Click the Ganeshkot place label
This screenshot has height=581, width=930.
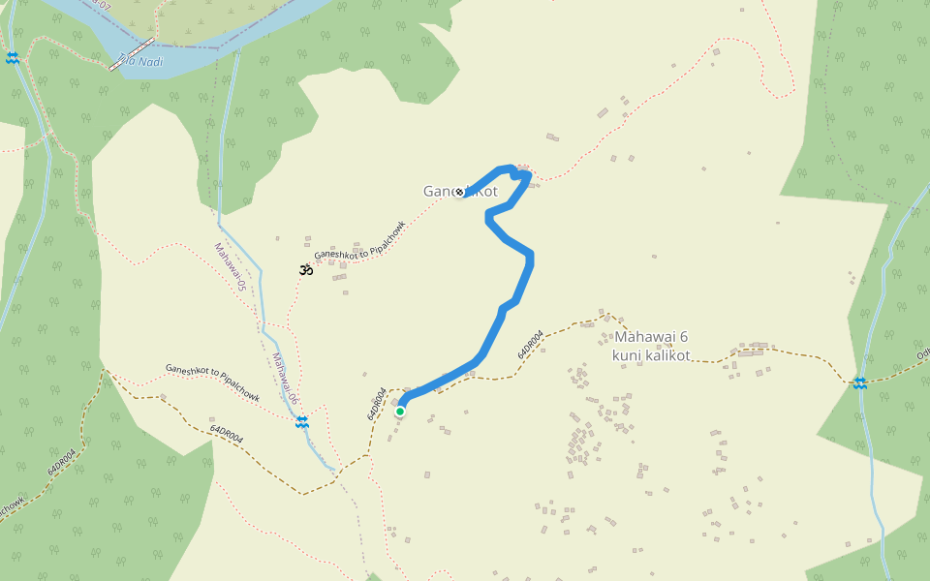460,192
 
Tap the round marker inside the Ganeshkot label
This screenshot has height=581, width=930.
459,192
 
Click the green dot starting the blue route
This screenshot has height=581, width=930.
399,412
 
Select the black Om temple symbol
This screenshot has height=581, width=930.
305,269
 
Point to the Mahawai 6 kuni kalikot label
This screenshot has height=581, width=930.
651,346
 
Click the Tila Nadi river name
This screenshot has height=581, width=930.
140,61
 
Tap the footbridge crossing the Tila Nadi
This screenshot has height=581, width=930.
132,55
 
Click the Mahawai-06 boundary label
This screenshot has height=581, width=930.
283,379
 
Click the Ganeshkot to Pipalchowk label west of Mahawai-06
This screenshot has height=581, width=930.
212,382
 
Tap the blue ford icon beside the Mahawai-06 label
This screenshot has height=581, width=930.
302,421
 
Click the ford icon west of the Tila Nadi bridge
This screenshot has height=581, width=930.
12,58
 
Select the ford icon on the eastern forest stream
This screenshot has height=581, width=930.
860,382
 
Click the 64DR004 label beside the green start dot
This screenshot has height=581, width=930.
377,404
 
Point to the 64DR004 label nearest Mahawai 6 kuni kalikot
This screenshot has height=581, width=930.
529,347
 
